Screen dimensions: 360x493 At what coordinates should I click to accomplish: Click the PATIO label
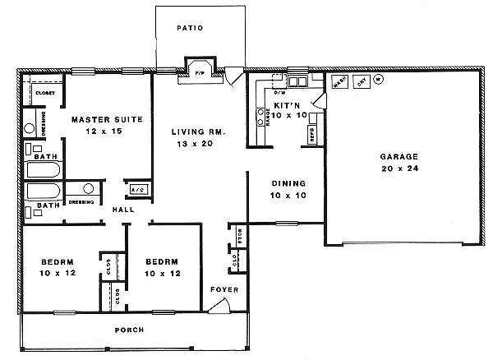[189, 28]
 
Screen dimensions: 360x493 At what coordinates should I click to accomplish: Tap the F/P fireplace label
[199, 74]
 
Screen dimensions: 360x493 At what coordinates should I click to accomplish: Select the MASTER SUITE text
[107, 119]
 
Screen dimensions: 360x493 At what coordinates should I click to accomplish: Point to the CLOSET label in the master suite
[44, 93]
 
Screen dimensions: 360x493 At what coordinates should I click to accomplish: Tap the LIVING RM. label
[198, 132]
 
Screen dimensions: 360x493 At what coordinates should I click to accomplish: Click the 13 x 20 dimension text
[198, 144]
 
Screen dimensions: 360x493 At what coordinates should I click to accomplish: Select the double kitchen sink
[297, 81]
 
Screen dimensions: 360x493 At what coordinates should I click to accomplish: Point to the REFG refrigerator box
[312, 136]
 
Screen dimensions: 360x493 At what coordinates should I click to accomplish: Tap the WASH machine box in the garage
[338, 81]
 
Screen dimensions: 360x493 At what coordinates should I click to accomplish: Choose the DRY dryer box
[359, 81]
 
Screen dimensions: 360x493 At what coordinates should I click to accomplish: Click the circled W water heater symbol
[379, 80]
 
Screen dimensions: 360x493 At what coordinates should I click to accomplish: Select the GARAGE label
[399, 156]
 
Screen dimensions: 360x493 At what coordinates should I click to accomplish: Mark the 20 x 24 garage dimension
[399, 168]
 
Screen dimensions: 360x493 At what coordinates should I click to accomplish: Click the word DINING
[288, 183]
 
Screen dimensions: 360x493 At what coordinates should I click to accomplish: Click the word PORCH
[131, 330]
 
